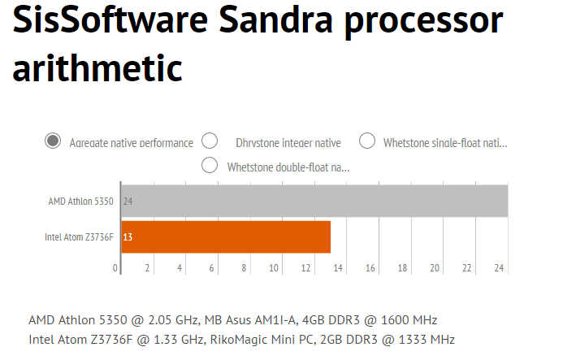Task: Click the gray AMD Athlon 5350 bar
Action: pyautogui.click(x=314, y=201)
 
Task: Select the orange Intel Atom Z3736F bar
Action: pyautogui.click(x=226, y=236)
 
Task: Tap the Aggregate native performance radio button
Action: pyautogui.click(x=54, y=141)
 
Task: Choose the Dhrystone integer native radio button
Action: pyautogui.click(x=210, y=141)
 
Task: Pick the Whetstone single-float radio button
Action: pyautogui.click(x=367, y=141)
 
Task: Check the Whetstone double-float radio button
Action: pyautogui.click(x=210, y=166)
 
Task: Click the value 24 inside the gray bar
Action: pyautogui.click(x=128, y=201)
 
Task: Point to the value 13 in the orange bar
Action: pyautogui.click(x=128, y=237)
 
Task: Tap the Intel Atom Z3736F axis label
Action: pyautogui.click(x=79, y=237)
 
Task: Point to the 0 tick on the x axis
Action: pyautogui.click(x=116, y=267)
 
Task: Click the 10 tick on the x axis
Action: pyautogui.click(x=275, y=267)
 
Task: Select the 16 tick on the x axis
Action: pyautogui.click(x=370, y=267)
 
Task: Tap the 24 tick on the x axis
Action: pyautogui.click(x=499, y=267)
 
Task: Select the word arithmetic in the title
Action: pyautogui.click(x=97, y=68)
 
